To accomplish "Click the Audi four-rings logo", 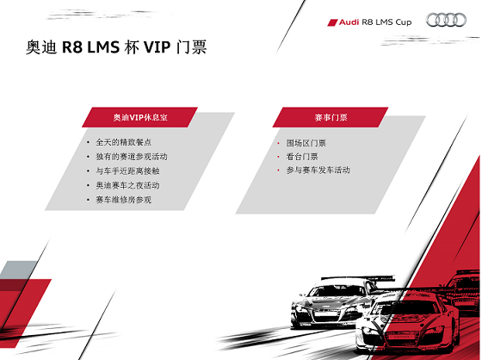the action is [446, 20].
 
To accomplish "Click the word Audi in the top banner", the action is [349, 22].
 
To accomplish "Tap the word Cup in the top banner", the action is [404, 22].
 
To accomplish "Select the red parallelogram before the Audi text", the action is [332, 22].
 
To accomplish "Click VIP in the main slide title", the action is [157, 47].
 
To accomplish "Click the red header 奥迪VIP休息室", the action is [139, 117].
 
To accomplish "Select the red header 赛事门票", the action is [331, 117].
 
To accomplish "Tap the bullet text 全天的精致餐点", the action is [124, 142].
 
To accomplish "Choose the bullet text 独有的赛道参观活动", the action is [132, 157].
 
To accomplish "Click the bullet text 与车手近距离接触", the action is [127, 171].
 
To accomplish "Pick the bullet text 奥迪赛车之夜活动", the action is [127, 185].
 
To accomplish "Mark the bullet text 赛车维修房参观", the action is [124, 200].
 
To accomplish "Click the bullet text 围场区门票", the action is [306, 143].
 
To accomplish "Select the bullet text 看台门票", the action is [302, 157].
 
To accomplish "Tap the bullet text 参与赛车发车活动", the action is [318, 171].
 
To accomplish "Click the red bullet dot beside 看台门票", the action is [279, 157].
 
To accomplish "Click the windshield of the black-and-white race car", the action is [337, 291].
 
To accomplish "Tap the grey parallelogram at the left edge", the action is [18, 270].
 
